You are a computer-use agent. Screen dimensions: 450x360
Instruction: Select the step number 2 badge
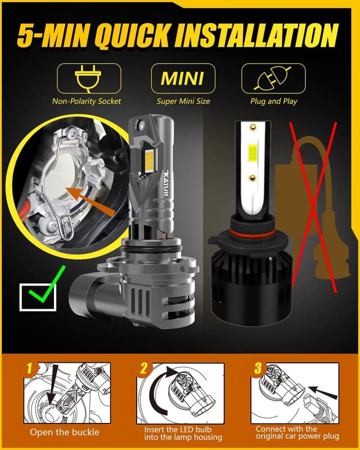point(143,369)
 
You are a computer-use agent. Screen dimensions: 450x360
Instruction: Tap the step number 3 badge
point(258,369)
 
